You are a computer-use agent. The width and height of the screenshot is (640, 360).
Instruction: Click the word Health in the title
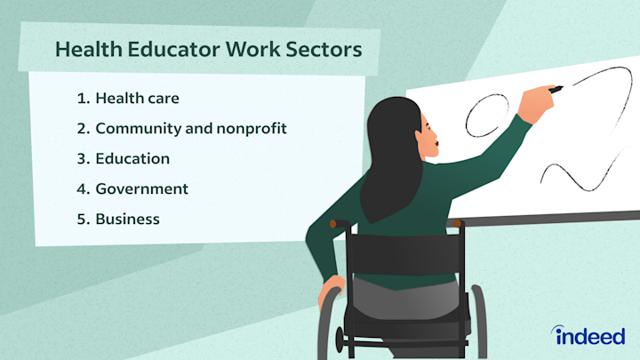pyautogui.click(x=89, y=49)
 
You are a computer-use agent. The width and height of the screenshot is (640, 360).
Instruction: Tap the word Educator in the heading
pyautogui.click(x=173, y=49)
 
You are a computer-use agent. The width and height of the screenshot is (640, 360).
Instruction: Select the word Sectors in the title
pyautogui.click(x=324, y=50)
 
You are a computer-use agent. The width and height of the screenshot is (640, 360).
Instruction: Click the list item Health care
pyautogui.click(x=137, y=98)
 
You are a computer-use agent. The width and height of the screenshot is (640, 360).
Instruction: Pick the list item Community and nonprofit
pyautogui.click(x=191, y=129)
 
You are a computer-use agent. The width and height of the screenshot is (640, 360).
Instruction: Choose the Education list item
pyautogui.click(x=132, y=158)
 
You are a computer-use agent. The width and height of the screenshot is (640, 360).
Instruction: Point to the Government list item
pyautogui.click(x=141, y=188)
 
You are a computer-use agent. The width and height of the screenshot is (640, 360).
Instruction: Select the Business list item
pyautogui.click(x=127, y=220)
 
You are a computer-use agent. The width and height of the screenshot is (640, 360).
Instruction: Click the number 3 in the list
pyautogui.click(x=83, y=159)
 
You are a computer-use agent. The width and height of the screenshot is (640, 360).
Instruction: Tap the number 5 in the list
pyautogui.click(x=83, y=220)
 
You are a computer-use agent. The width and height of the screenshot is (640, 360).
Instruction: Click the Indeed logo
pyautogui.click(x=588, y=335)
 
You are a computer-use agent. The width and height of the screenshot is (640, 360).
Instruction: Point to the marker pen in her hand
pyautogui.click(x=556, y=90)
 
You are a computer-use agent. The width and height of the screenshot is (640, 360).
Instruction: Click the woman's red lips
pyautogui.click(x=436, y=144)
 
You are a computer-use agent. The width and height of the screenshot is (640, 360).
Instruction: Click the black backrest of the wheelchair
pyautogui.click(x=405, y=254)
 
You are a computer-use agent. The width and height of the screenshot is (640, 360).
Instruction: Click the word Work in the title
pyautogui.click(x=252, y=49)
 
